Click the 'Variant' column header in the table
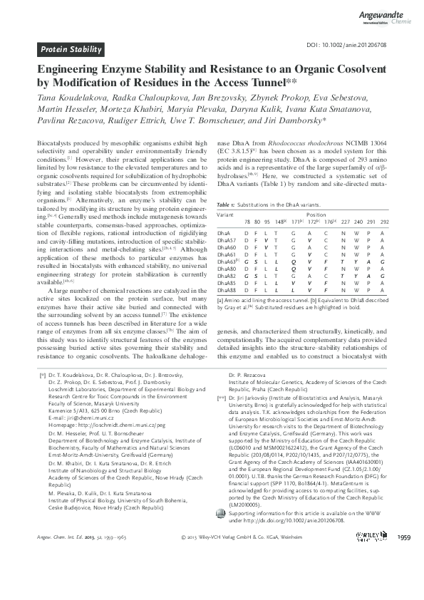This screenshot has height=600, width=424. pyautogui.click(x=225, y=214)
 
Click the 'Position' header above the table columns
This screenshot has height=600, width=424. pyautogui.click(x=316, y=214)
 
